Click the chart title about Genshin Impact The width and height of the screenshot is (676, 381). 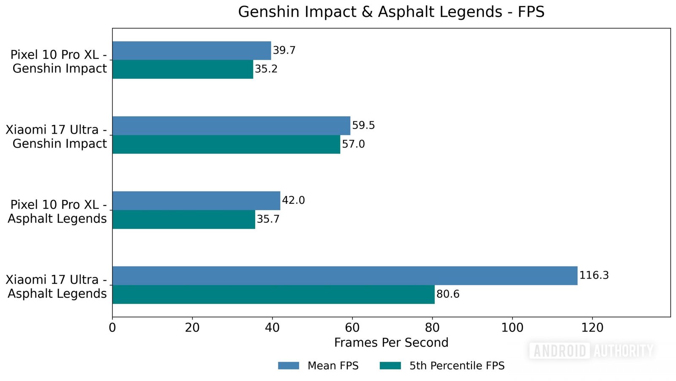pos(391,12)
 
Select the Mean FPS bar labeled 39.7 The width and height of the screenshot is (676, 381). pos(191,51)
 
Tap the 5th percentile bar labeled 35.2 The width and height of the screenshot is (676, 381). pos(183,69)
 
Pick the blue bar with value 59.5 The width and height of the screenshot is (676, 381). pos(231,126)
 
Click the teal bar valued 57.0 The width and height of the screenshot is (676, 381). pos(226,145)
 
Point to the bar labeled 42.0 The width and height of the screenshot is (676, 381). pos(196,200)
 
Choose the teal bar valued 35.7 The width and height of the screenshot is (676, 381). pos(184,219)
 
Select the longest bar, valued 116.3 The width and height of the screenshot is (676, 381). pos(345,276)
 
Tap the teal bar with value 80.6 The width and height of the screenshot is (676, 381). pos(273,294)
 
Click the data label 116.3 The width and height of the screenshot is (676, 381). pos(594,275)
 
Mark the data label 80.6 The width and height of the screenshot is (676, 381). pos(447,294)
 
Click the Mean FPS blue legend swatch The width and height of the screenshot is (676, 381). pos(289,366)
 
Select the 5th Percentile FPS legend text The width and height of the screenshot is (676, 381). pos(457,366)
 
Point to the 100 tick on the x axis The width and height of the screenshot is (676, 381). pos(512,328)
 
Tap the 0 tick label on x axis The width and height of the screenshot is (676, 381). pos(112,328)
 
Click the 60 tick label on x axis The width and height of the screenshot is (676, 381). pos(352,328)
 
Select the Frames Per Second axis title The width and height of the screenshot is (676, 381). pos(391,343)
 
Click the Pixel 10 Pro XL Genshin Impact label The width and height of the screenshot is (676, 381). pos(59,61)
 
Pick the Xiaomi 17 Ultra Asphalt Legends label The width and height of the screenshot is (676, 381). pos(57,287)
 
